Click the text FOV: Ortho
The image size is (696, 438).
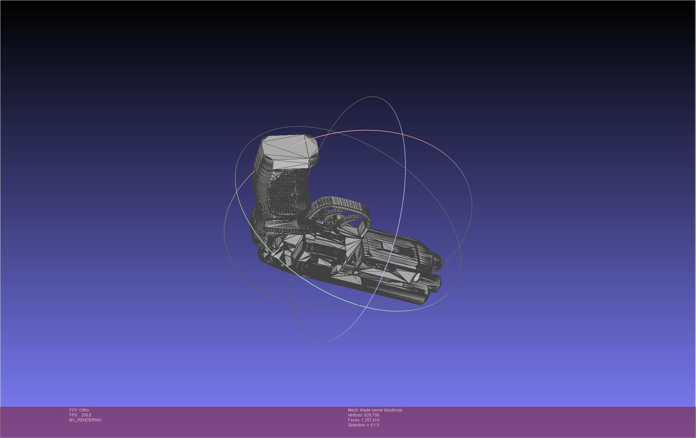[79, 410]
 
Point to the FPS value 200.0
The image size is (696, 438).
[86, 415]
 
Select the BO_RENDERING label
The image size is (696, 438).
[85, 420]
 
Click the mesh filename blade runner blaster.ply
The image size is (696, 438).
[381, 410]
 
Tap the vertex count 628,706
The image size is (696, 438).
[372, 415]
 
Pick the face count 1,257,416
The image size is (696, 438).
[370, 420]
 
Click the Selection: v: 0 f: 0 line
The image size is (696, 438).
[363, 425]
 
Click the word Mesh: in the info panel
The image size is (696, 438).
[353, 410]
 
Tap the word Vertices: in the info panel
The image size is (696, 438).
[355, 415]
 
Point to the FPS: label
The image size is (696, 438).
[73, 415]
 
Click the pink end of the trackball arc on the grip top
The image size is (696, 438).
[293, 146]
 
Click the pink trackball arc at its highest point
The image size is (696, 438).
[367, 130]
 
